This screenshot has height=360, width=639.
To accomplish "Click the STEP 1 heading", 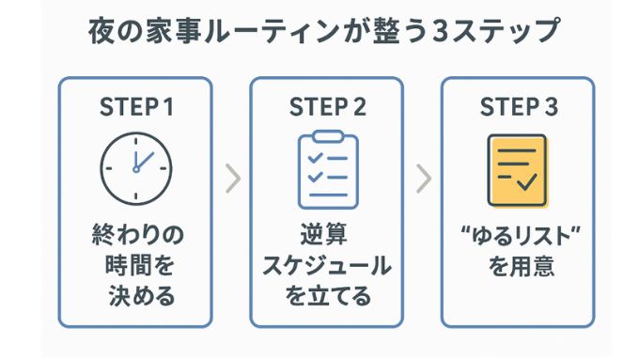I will tap(137, 107).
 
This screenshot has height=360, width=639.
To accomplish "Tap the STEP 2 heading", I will tap(328, 107).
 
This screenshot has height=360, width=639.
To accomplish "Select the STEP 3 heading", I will tap(519, 107).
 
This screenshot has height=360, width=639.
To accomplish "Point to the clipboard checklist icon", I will tap(327, 170).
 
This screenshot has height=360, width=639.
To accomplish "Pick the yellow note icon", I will tap(518, 170).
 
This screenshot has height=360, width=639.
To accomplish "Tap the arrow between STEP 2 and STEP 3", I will tap(425, 179).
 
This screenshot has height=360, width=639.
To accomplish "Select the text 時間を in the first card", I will tap(137, 266).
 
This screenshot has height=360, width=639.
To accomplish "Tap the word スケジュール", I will tap(327, 266).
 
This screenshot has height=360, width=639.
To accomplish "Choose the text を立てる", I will tap(327, 297).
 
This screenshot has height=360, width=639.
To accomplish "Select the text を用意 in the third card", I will tap(519, 266).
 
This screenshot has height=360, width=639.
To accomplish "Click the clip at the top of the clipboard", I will tap(327, 137).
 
